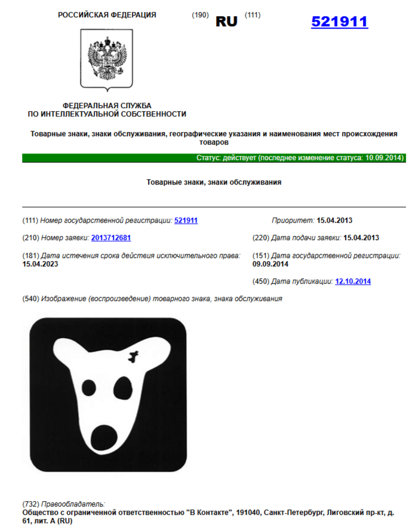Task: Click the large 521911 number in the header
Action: click(x=339, y=22)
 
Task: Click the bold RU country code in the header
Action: click(x=226, y=22)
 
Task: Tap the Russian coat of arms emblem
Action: click(x=107, y=58)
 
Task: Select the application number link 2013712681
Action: click(x=111, y=238)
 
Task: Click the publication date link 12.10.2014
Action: click(x=353, y=281)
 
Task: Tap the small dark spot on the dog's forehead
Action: click(x=133, y=358)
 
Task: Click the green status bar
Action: click(x=214, y=158)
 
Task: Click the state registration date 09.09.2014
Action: click(x=270, y=263)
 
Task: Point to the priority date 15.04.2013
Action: click(x=338, y=220)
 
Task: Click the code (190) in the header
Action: click(x=200, y=15)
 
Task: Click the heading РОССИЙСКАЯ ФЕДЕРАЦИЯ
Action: click(x=107, y=15)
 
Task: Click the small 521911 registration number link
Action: click(x=186, y=220)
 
